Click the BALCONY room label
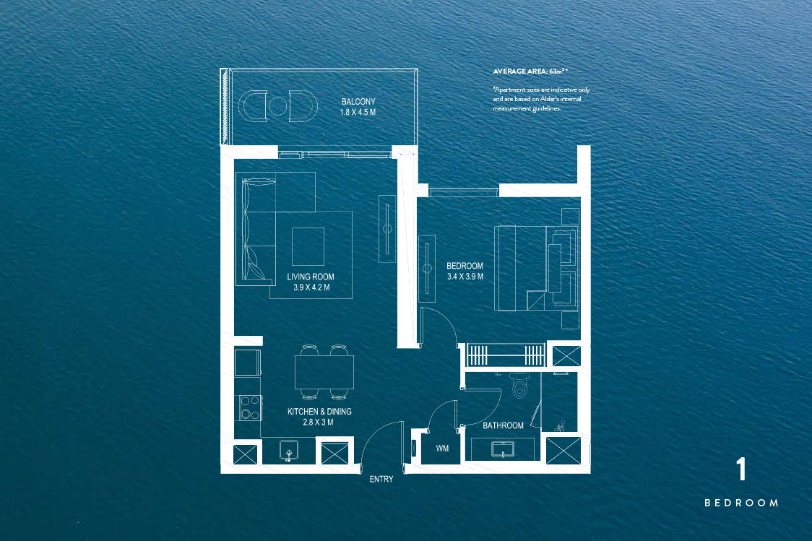click(358, 102)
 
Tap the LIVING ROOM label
click(311, 277)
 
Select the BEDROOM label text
click(465, 266)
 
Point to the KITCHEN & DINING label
click(319, 412)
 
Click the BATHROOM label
click(503, 425)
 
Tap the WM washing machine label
click(443, 449)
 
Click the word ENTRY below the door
click(381, 479)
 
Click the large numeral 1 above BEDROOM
click(740, 470)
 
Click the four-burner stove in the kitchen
click(250, 407)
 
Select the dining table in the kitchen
click(324, 373)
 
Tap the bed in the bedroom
click(535, 268)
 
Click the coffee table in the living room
click(308, 246)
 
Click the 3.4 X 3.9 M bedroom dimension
click(465, 277)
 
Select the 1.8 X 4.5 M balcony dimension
click(358, 113)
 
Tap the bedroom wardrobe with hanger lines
click(505, 355)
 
